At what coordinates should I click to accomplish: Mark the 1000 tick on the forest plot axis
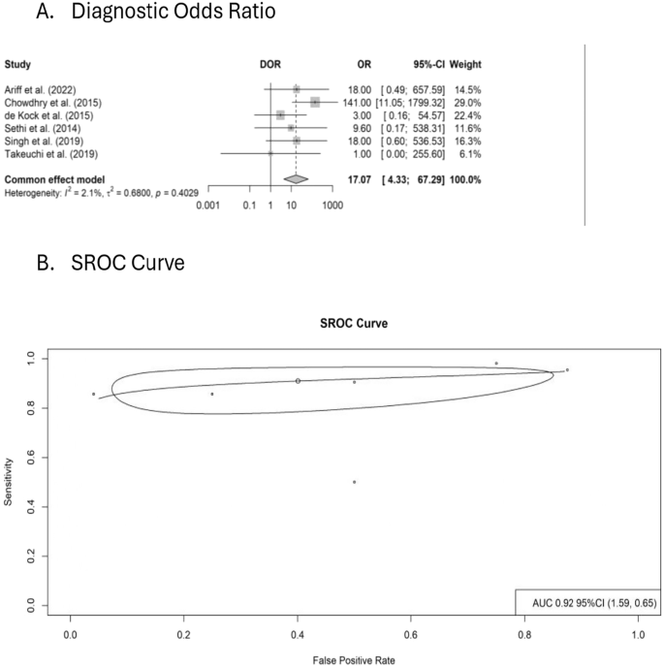click(x=332, y=206)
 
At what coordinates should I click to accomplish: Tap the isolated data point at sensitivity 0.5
click(x=355, y=482)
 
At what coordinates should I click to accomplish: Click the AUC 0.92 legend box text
click(x=588, y=602)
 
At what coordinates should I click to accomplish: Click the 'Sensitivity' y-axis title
click(x=10, y=481)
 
